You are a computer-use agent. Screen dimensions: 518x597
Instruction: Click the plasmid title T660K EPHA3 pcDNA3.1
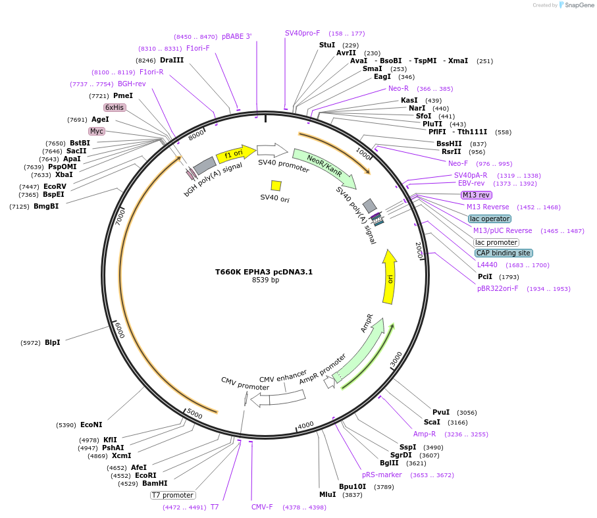[264, 271]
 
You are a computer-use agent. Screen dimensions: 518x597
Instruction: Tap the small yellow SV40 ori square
[276, 186]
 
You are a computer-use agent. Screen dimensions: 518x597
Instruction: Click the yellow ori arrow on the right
[390, 277]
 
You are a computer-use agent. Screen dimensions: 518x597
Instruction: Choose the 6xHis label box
[115, 107]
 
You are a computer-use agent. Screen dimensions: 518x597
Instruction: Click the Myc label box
[97, 131]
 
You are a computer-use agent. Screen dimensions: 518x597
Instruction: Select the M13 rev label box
[477, 195]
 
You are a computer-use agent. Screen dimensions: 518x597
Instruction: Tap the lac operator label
[490, 219]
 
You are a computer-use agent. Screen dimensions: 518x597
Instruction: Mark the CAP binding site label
[504, 253]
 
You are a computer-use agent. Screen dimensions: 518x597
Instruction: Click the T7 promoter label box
[173, 495]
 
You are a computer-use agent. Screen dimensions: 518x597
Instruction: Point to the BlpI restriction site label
[53, 342]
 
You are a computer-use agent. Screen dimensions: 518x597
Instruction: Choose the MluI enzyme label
[327, 494]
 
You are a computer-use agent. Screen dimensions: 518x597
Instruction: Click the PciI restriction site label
[485, 276]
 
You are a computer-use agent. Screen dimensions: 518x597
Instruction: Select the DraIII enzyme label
[172, 60]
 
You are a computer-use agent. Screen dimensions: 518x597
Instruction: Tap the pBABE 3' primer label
[236, 37]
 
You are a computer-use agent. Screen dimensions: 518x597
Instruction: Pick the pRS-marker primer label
[382, 475]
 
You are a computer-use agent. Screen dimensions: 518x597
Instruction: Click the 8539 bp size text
[265, 280]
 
